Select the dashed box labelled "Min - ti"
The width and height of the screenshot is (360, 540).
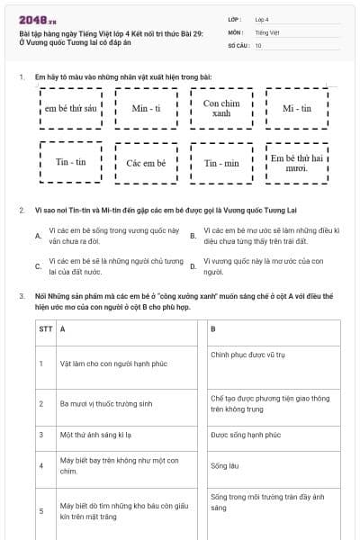(x=145, y=109)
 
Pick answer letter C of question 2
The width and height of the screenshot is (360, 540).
(x=38, y=266)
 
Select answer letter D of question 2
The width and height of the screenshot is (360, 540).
(x=193, y=266)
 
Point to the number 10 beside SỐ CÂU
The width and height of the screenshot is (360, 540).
(x=258, y=44)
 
